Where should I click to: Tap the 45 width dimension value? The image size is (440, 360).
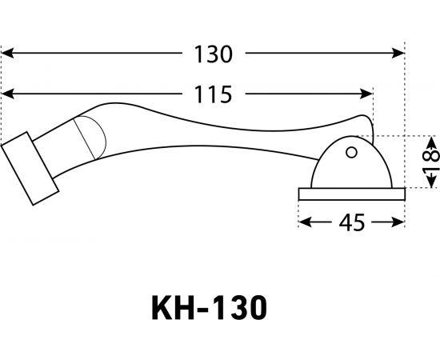pyautogui.click(x=348, y=223)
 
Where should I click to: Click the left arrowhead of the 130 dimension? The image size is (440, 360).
pyautogui.click(x=6, y=54)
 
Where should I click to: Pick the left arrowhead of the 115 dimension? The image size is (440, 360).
pyautogui.click(x=6, y=94)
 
